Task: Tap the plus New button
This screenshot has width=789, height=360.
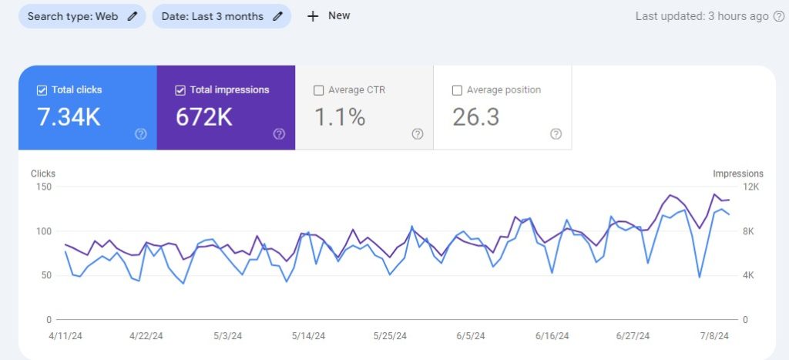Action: click(x=329, y=15)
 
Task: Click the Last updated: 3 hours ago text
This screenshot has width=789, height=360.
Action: click(x=702, y=16)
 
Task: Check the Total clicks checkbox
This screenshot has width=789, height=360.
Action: click(x=42, y=90)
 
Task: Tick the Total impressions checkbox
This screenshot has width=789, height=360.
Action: click(x=180, y=90)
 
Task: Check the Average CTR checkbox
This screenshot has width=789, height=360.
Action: click(x=319, y=90)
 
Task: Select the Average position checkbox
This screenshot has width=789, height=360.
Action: click(x=457, y=90)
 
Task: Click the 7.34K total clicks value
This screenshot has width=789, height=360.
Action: click(x=69, y=117)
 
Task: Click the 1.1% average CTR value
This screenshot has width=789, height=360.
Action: click(x=339, y=117)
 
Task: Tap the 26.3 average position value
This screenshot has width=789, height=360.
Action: click(x=475, y=117)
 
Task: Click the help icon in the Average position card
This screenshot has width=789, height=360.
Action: click(x=556, y=133)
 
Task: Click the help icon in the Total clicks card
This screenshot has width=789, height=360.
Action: click(x=141, y=133)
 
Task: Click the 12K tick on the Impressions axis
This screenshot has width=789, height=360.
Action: click(x=750, y=187)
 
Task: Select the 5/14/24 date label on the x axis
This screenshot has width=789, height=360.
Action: click(x=310, y=336)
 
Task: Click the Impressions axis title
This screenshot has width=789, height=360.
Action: click(x=737, y=173)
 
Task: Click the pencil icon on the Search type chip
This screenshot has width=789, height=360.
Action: click(x=133, y=16)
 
